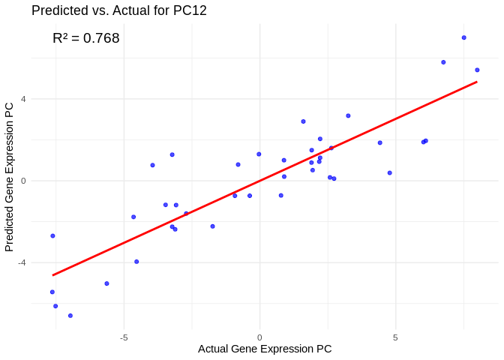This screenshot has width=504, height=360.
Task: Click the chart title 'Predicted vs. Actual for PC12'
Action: click(x=118, y=10)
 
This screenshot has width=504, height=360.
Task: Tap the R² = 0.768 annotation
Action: click(x=86, y=38)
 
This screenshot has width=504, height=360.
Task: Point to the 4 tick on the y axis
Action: click(x=23, y=99)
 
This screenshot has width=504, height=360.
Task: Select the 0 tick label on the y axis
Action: click(x=23, y=181)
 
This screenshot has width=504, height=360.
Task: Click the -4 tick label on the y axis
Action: click(x=22, y=262)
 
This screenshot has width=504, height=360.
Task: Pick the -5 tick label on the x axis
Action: click(x=124, y=337)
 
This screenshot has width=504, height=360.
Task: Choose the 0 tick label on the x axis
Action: click(x=259, y=337)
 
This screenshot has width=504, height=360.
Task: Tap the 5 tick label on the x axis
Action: click(x=395, y=337)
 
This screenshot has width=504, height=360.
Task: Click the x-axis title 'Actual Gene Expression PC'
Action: click(x=265, y=349)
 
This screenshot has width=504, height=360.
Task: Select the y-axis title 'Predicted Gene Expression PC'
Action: click(x=10, y=177)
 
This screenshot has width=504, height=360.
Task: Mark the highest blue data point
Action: click(x=464, y=37)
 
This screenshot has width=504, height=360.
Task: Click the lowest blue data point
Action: click(x=70, y=316)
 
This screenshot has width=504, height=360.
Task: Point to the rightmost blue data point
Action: click(x=477, y=70)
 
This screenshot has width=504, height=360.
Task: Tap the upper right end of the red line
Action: click(x=477, y=82)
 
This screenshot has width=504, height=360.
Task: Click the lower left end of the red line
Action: click(x=52, y=275)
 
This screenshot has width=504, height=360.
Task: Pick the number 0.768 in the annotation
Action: click(x=101, y=38)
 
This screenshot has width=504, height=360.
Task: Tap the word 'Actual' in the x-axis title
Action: click(x=214, y=349)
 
